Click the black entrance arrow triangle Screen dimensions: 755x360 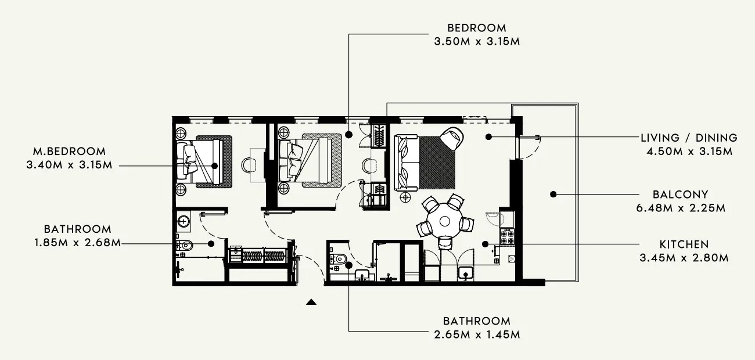[311, 302]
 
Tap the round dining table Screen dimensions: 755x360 [444, 221]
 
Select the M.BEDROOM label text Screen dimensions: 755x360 [70, 152]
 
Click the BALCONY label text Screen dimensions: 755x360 [681, 195]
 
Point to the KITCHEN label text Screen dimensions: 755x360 [684, 244]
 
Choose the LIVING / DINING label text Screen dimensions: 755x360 [689, 138]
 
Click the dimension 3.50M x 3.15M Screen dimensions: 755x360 [477, 41]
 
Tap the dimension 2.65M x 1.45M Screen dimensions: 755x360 [477, 334]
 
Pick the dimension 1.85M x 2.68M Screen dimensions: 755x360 [77, 243]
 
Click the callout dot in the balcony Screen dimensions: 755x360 [553, 194]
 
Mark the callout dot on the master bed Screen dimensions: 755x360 [214, 166]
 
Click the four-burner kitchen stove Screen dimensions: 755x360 [507, 236]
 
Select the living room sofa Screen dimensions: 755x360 [407, 163]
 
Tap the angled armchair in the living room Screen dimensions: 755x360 [452, 138]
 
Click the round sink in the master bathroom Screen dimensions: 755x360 [184, 221]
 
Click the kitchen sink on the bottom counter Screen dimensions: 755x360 [466, 273]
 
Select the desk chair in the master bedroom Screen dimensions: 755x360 [248, 165]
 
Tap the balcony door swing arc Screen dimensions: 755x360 [530, 148]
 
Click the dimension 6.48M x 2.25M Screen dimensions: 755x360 [681, 208]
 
